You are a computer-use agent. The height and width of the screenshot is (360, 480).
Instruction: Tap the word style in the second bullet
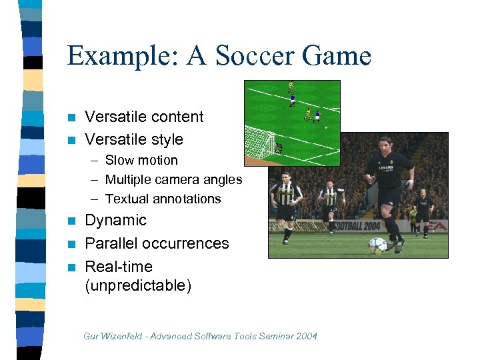coord(163,139)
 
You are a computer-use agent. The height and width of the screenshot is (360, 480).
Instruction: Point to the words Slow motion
coord(141,160)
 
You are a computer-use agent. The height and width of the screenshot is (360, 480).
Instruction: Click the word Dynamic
coord(115,220)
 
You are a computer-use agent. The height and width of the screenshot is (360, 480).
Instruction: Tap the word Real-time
coord(119,267)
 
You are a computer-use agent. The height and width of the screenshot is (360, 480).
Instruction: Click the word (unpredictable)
coord(138,286)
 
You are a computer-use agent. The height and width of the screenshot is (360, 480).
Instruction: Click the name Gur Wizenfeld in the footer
coord(112,336)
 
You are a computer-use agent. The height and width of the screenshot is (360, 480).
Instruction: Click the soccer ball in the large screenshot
coord(377,245)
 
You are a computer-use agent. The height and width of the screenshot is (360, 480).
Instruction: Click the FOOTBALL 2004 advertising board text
coord(360,225)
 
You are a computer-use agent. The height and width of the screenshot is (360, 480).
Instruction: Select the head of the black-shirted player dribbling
coord(385,143)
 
